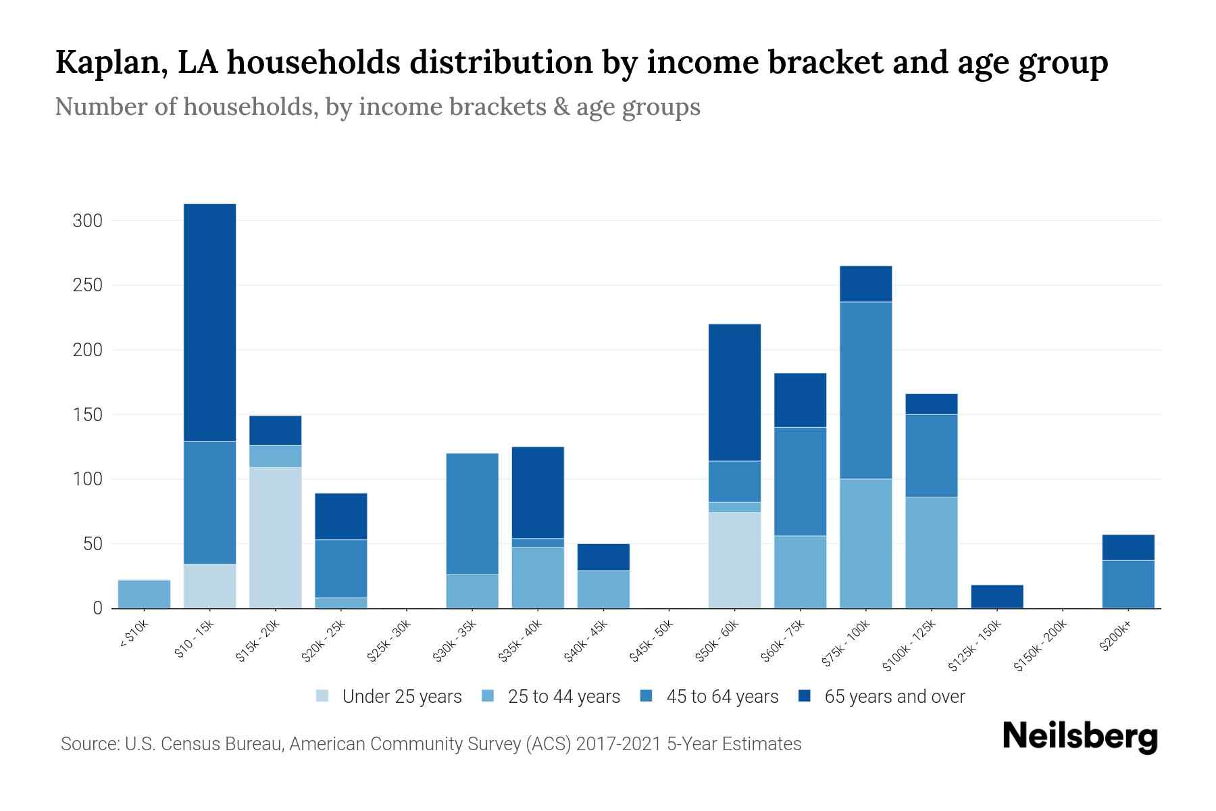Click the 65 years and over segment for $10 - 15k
pos(209,322)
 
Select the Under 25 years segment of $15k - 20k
pos(275,537)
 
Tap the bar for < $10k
pos(144,594)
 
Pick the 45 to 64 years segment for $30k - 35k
pos(472,514)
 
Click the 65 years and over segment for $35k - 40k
pos(538,492)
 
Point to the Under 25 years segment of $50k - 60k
pos(734,560)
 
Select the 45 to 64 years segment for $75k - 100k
pos(865,390)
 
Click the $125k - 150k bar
pos(996,596)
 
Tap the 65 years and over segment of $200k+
pos(1128,547)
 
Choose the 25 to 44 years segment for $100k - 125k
pos(931,552)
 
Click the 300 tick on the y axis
pos(87,221)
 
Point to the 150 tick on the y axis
pos(87,414)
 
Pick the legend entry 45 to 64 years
pos(709,696)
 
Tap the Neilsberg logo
pos(1080,737)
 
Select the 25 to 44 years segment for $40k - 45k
pos(603,589)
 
